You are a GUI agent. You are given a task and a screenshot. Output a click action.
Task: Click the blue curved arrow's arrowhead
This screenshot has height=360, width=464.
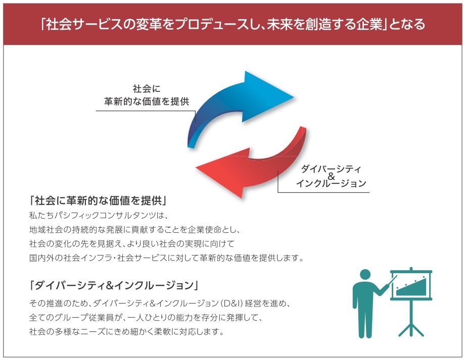tap(265, 96)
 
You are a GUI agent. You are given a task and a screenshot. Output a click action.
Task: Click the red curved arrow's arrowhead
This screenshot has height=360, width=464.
tap(222, 173)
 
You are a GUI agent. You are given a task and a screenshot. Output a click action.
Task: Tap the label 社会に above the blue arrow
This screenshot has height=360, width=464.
tap(147, 88)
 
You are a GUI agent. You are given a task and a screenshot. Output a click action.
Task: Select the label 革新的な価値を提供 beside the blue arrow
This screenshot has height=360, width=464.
tap(147, 101)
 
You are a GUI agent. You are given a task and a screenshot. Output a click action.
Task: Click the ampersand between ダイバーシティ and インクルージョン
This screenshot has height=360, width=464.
tap(331, 176)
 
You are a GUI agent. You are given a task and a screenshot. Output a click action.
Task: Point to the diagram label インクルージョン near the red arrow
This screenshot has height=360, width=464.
tap(331, 184)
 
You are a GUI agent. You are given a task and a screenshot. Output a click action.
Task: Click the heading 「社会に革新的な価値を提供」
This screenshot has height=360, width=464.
tap(98, 200)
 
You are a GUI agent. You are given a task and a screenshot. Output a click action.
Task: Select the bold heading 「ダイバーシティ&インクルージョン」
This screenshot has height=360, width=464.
tap(114, 285)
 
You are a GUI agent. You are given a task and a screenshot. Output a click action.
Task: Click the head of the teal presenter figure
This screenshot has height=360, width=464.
tap(365, 275)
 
